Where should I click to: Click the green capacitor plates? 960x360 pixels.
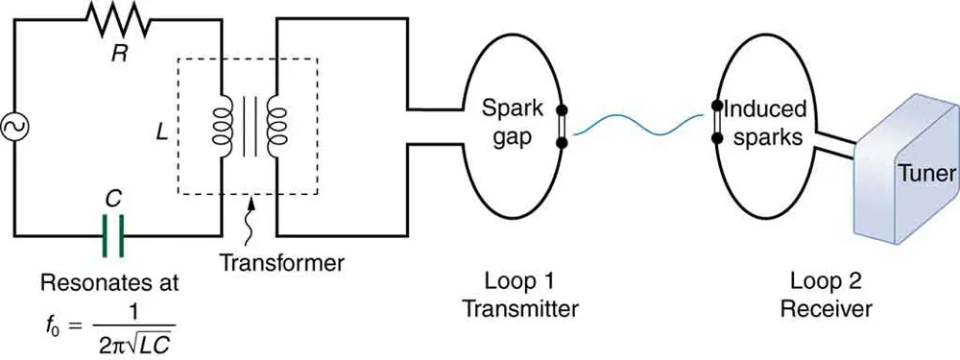tap(114, 236)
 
